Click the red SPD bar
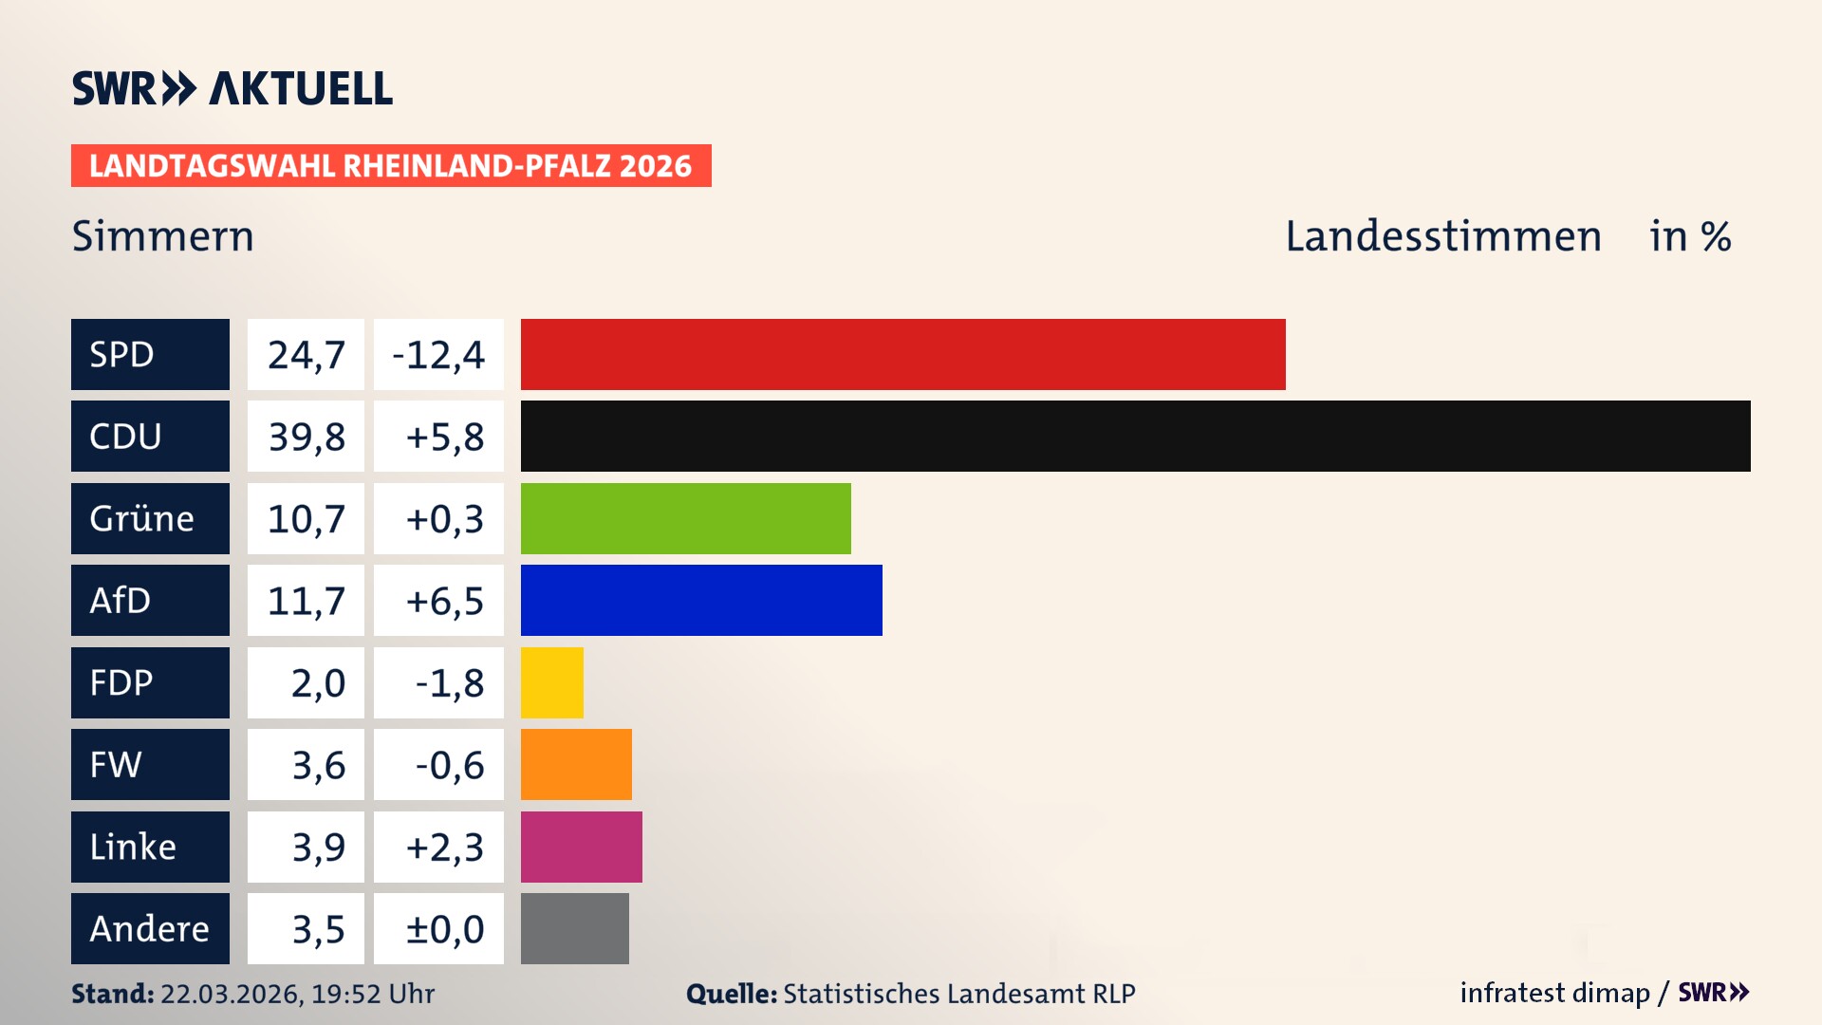[x=902, y=354]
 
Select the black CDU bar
[x=1135, y=437]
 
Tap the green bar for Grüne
[x=685, y=518]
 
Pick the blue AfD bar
[x=701, y=601]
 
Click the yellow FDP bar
[x=551, y=682]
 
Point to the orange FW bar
[x=576, y=764]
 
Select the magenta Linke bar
[x=581, y=847]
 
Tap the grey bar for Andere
[x=574, y=928]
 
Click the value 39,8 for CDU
[x=306, y=437]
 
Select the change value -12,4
[x=438, y=355]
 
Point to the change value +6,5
[x=444, y=601]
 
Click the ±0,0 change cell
[x=444, y=928]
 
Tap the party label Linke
[x=133, y=847]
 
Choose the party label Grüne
[x=141, y=518]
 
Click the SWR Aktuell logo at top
[x=232, y=88]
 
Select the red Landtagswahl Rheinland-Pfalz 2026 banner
[x=390, y=166]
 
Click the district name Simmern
[x=163, y=236]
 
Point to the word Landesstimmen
[x=1442, y=236]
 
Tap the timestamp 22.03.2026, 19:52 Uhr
[x=297, y=994]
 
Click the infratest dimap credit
[x=1554, y=993]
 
